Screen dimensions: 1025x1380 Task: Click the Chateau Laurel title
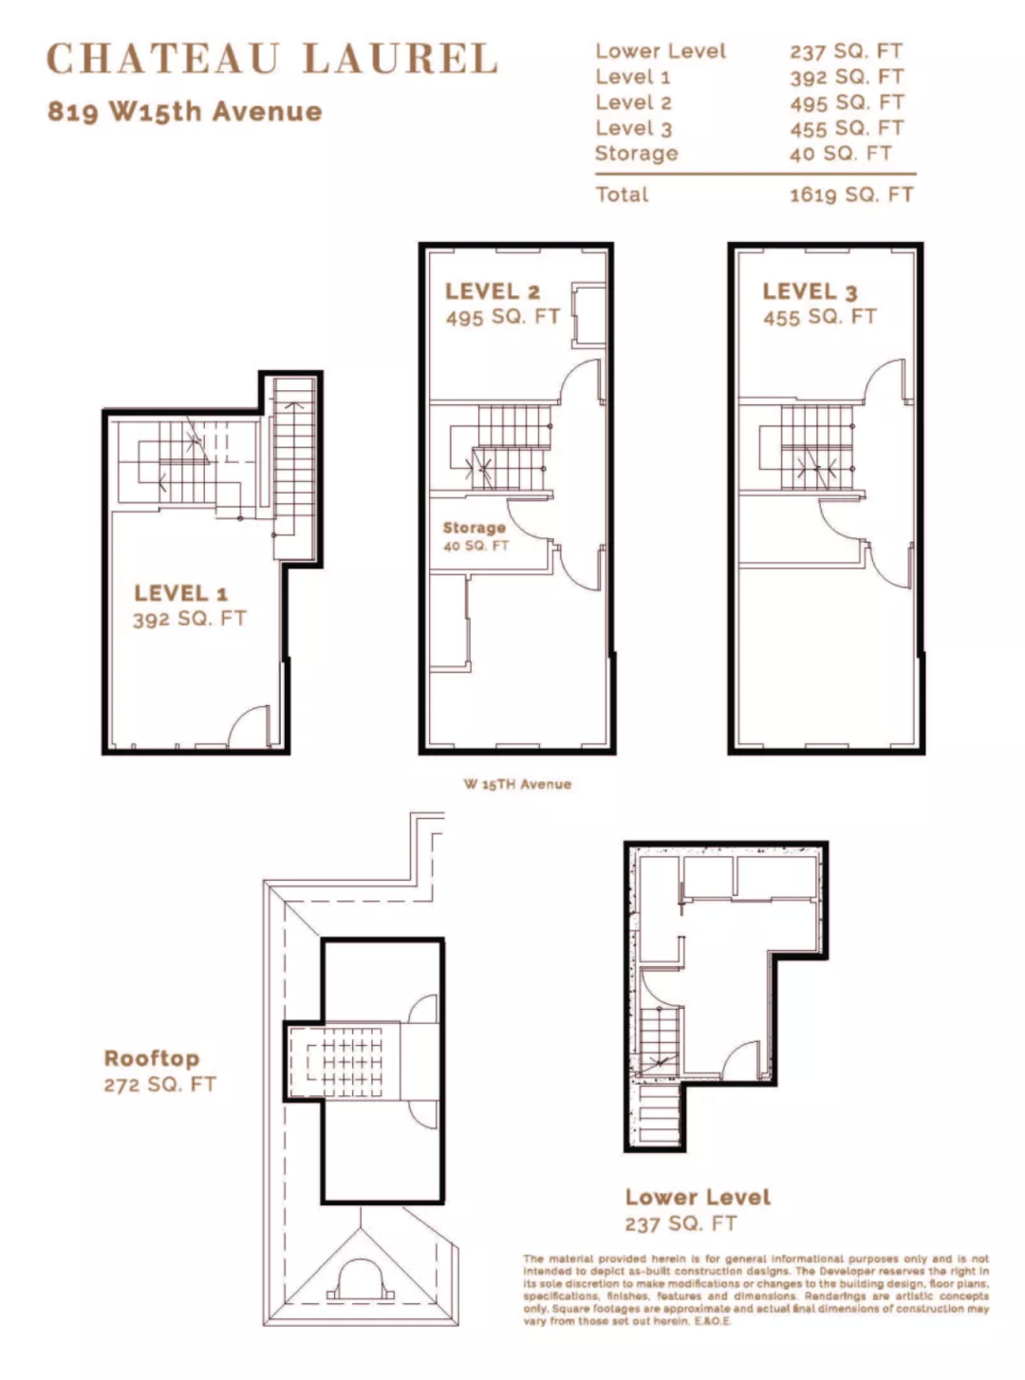[x=272, y=59]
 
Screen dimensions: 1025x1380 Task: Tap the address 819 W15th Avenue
[x=185, y=112]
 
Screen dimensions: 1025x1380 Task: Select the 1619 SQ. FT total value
[x=851, y=195]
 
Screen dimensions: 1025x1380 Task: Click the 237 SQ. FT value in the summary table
[x=846, y=51]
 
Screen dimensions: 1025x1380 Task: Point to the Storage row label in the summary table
[x=636, y=154]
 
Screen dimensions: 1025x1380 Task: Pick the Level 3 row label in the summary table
[x=634, y=128]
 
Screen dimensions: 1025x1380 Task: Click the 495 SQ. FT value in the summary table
[x=847, y=103]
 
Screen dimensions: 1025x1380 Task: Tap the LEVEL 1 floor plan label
[x=181, y=592]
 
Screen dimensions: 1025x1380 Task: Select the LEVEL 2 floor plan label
[x=493, y=291]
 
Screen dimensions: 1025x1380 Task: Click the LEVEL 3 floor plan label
[x=810, y=291]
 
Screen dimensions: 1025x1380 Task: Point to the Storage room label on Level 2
[x=474, y=528]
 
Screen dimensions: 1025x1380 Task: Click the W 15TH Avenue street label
[x=517, y=784]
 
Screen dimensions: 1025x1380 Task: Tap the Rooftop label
[x=152, y=1058]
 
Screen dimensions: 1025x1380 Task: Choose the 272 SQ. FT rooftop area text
[x=160, y=1085]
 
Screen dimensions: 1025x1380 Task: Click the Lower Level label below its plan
[x=698, y=1197]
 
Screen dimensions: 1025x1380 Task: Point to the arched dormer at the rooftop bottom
[x=360, y=1279]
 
